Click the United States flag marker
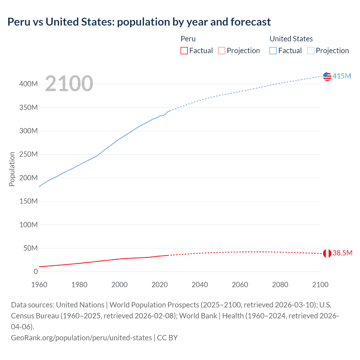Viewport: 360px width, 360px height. point(327,76)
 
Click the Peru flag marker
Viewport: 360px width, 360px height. point(327,253)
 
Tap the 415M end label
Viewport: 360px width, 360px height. point(342,76)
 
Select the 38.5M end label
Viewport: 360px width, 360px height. point(342,253)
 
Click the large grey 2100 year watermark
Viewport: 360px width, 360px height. point(69,84)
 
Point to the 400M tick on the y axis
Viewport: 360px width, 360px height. point(28,84)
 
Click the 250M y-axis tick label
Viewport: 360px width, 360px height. point(28,154)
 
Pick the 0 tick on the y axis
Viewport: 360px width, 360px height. point(36,272)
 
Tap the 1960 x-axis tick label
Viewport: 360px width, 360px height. point(39,285)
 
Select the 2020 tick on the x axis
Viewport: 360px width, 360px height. point(159,285)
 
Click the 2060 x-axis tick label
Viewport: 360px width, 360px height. point(240,285)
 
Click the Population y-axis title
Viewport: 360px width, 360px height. point(12,169)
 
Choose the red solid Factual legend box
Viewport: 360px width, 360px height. point(184,51)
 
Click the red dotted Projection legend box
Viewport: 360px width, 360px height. point(222,51)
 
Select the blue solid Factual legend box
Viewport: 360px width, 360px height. point(273,51)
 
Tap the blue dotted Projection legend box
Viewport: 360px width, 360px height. point(311,51)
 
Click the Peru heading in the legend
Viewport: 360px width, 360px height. point(188,39)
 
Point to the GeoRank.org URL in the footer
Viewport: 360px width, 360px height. point(81,338)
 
